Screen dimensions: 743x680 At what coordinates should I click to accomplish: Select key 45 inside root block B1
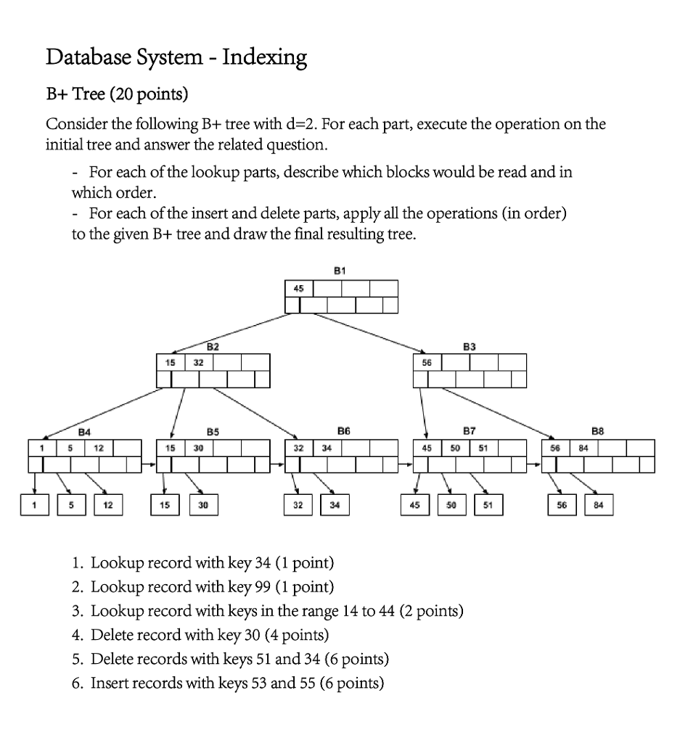298,289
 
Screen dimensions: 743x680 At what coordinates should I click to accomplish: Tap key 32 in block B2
199,361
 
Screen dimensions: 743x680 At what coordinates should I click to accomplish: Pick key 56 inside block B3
427,361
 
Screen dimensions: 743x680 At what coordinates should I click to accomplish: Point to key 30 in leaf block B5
199,448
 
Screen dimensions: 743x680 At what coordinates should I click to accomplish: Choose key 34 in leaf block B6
327,448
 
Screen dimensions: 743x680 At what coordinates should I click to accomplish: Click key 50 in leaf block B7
455,448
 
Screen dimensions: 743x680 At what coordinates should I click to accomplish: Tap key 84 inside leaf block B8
583,448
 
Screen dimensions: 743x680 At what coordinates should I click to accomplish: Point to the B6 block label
343,431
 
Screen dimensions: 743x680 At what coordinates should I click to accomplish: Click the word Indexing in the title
264,57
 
